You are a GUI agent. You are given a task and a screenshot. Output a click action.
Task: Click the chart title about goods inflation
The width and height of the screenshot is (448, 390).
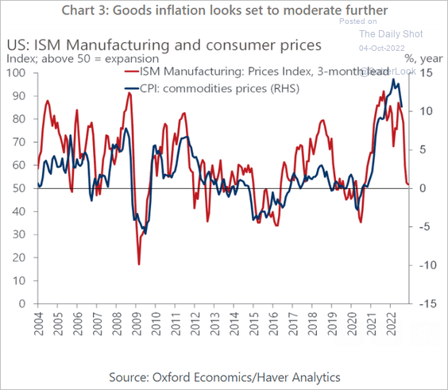coord(223,10)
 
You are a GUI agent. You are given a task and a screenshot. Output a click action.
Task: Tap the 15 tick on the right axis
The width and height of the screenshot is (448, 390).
coord(427,73)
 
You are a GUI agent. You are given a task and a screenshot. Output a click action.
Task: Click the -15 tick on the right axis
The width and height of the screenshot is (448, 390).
coord(427,303)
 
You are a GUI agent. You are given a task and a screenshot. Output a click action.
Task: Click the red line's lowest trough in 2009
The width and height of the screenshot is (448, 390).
coord(139,264)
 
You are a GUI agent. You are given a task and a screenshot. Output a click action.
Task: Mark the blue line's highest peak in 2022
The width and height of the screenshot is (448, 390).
coord(394,79)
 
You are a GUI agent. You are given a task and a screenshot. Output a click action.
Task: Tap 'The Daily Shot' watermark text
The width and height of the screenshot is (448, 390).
coord(391,34)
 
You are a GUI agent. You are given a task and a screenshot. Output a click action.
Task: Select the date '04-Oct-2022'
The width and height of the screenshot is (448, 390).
coord(391,48)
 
